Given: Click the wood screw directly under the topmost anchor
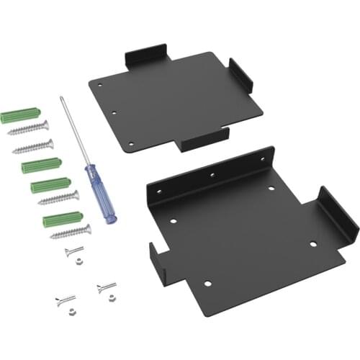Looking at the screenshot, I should point(29,130).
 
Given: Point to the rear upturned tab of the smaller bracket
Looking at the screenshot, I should point(147,57).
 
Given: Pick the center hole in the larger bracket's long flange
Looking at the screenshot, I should point(212,174).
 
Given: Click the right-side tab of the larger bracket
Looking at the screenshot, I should point(338,213).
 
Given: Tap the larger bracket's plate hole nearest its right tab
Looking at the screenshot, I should point(313,243).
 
